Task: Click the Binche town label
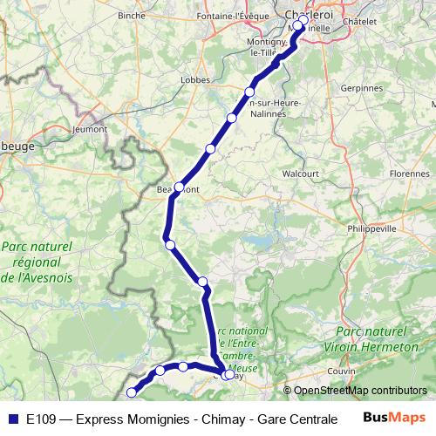[132, 16]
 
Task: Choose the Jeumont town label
[90, 129]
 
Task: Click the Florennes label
[409, 174]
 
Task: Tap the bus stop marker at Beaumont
[179, 187]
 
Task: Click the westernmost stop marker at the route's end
[133, 392]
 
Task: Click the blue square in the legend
[12, 418]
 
